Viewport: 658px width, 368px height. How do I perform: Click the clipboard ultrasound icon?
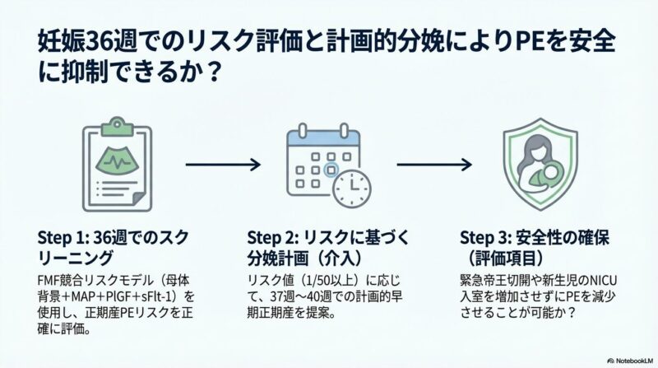pyautogui.click(x=118, y=165)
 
